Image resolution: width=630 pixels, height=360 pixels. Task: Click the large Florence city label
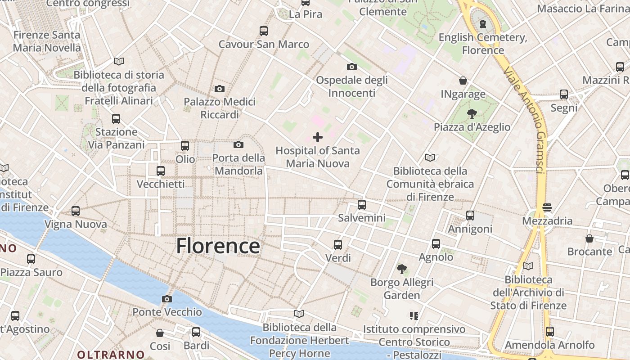tap(218, 246)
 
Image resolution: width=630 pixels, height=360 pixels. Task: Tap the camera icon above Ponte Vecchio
tap(167, 299)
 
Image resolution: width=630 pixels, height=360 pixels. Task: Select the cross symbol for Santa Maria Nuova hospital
tap(318, 137)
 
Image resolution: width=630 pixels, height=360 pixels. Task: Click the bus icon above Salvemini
tap(362, 205)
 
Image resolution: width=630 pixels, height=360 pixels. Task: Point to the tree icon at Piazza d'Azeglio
tap(472, 113)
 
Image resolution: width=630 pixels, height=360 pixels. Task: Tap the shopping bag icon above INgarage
tap(463, 81)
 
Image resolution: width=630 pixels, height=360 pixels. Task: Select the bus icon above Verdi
tap(338, 245)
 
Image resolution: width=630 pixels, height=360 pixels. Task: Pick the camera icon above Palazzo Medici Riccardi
tap(220, 89)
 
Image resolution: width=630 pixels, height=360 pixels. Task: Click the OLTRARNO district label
tap(111, 355)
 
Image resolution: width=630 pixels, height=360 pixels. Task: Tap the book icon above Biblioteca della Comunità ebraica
tap(430, 157)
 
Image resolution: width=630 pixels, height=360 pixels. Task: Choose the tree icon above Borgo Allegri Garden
tap(402, 269)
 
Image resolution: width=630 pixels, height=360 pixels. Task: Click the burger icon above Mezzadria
tap(547, 207)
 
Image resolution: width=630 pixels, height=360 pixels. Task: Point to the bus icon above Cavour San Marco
tap(264, 31)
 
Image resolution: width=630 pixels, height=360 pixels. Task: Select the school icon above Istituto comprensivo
tap(414, 316)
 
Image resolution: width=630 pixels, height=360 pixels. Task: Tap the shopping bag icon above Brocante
tap(589, 238)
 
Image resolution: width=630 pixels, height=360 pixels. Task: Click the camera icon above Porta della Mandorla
tap(238, 144)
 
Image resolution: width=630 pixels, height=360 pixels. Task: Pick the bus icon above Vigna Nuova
tap(76, 211)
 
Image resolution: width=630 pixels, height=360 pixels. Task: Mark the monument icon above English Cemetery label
tap(483, 24)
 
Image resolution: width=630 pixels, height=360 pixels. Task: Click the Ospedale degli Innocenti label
tap(352, 86)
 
